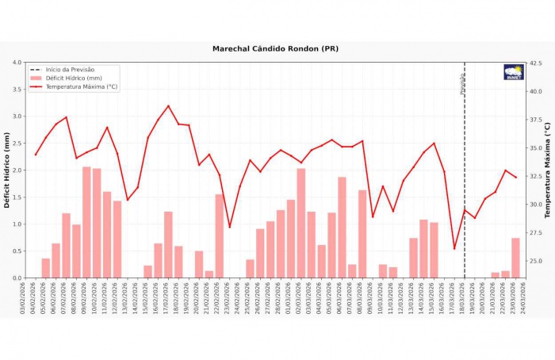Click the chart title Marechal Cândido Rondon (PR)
click(x=275, y=48)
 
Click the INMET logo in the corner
click(x=514, y=72)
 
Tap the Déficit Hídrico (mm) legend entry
click(x=74, y=79)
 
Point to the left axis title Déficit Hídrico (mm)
click(x=7, y=170)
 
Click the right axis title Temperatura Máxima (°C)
click(x=547, y=170)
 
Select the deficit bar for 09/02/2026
click(x=86, y=222)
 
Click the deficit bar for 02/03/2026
click(x=301, y=223)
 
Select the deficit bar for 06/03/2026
click(x=343, y=227)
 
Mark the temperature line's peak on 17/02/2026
click(x=168, y=105)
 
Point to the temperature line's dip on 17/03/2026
click(x=454, y=249)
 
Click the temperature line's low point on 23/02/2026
click(x=230, y=228)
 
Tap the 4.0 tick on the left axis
click(x=17, y=63)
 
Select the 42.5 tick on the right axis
click(x=535, y=63)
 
